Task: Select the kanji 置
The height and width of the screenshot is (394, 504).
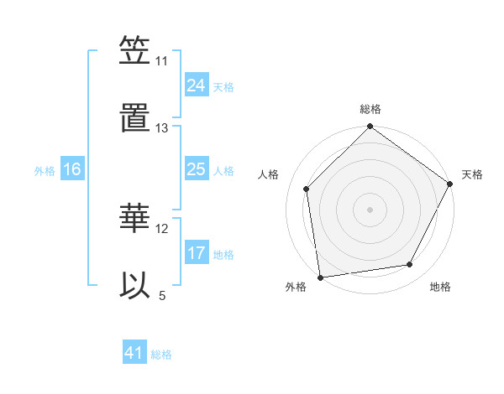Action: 134,118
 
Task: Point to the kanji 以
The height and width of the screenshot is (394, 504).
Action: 134,284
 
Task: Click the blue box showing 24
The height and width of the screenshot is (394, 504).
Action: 196,85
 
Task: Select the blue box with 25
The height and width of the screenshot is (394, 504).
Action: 196,169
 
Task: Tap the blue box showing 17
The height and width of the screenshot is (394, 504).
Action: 196,253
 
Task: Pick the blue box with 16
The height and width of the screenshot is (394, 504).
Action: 71,169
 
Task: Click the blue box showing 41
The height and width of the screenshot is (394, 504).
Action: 134,353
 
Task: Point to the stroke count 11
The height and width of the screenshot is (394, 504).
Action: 162,61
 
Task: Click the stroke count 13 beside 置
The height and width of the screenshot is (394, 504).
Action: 162,127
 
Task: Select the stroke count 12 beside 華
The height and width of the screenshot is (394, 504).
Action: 162,228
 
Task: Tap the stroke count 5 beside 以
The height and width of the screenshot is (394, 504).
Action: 162,294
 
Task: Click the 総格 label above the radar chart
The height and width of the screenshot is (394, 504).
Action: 370,109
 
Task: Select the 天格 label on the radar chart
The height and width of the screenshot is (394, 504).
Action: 472,174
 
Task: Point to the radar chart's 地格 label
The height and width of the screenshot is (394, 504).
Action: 440,287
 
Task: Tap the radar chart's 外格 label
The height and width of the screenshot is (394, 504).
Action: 296,287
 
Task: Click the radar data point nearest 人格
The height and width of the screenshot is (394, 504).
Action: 307,189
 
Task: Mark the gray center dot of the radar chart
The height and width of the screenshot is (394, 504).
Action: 370,209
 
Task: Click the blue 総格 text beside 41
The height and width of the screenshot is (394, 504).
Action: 161,355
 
